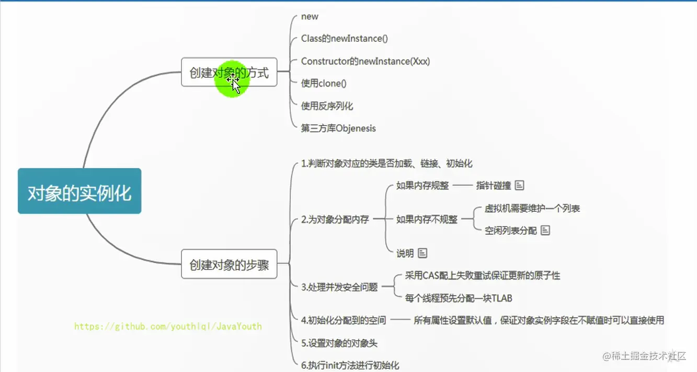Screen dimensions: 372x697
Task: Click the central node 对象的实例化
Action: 79,191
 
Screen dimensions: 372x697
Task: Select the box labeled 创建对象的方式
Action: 229,72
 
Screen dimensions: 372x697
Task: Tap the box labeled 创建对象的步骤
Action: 229,265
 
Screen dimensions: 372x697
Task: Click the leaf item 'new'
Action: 310,17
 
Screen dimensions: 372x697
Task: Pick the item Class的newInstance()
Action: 344,39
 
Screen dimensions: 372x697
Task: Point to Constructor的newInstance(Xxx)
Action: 365,61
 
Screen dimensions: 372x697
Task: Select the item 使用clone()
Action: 324,83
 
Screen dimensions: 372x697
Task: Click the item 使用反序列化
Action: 327,106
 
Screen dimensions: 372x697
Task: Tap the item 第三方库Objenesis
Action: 338,128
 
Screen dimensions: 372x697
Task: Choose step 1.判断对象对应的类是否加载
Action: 386,163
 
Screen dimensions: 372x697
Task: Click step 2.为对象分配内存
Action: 335,220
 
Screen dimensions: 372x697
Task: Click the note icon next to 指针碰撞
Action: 519,185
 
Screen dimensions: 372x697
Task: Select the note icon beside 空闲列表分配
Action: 545,230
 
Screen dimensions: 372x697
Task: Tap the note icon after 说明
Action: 422,253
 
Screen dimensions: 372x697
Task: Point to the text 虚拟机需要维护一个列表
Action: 532,208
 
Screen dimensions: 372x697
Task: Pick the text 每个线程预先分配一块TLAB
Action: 459,298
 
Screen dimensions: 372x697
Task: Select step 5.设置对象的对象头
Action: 339,343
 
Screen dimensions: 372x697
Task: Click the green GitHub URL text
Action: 168,326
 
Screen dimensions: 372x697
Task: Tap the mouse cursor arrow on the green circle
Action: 235,85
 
